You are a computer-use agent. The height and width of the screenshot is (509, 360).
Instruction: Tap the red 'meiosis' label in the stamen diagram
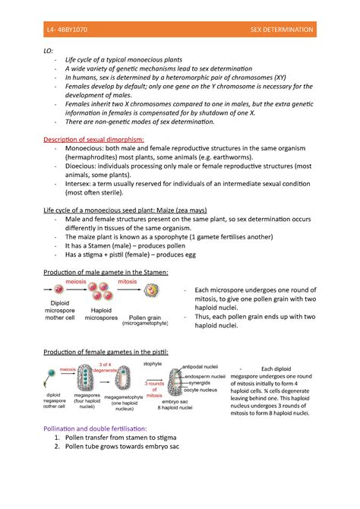[74, 281]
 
